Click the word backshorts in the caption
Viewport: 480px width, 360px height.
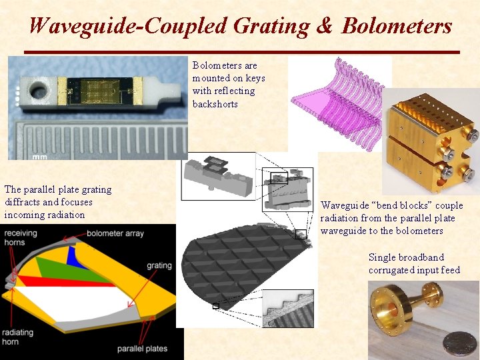coord(215,104)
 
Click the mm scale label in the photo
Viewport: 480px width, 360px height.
coord(39,157)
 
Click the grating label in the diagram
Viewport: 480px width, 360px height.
coord(159,265)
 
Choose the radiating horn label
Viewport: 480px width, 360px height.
coord(17,337)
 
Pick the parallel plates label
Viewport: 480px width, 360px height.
coord(143,348)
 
